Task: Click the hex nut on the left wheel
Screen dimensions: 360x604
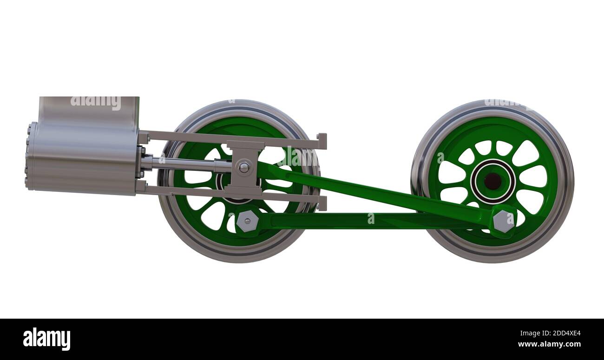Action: pyautogui.click(x=247, y=221)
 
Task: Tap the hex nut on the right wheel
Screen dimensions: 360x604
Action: pyautogui.click(x=503, y=221)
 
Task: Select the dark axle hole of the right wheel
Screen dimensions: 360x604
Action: pyautogui.click(x=492, y=181)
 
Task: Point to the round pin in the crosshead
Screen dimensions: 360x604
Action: pyautogui.click(x=244, y=168)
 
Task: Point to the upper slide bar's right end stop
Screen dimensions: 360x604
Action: pyautogui.click(x=322, y=141)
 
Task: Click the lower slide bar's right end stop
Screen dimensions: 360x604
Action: pyautogui.click(x=322, y=203)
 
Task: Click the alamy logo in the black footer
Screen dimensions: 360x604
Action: pyautogui.click(x=46, y=339)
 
